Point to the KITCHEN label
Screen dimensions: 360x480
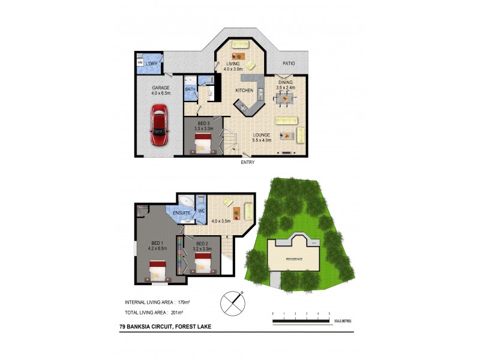(x=244, y=91)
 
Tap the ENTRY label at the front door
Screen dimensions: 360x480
(x=247, y=162)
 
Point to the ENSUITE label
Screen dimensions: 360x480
(x=182, y=212)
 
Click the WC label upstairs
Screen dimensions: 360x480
(x=202, y=211)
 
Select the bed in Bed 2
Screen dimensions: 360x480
(x=203, y=263)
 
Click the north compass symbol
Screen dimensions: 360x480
(x=233, y=303)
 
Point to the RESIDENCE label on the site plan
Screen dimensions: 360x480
(x=293, y=259)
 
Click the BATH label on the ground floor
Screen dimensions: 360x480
(x=190, y=90)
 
